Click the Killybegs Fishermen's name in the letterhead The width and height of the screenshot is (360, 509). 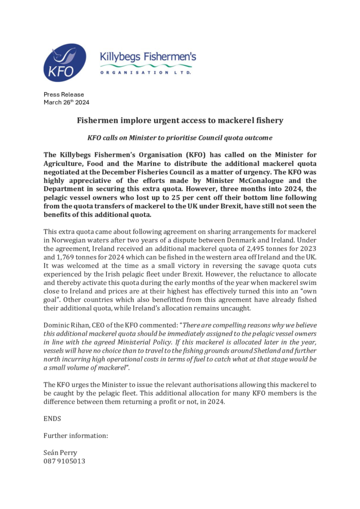148,57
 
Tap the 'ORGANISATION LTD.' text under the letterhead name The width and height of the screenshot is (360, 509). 146,72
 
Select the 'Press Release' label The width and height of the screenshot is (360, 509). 64,95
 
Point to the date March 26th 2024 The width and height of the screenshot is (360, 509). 66,102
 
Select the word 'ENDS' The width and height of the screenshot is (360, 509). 52,419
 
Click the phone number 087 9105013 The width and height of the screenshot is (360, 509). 64,461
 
